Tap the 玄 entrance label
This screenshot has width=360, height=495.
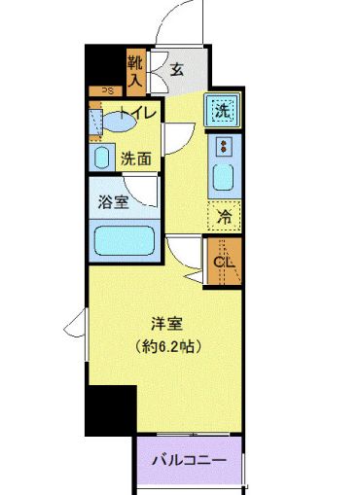(178, 69)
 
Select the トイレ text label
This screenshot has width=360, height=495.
(134, 112)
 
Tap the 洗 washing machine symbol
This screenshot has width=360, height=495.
(222, 111)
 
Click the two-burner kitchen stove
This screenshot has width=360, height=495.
(223, 148)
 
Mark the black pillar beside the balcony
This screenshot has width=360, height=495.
(108, 409)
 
